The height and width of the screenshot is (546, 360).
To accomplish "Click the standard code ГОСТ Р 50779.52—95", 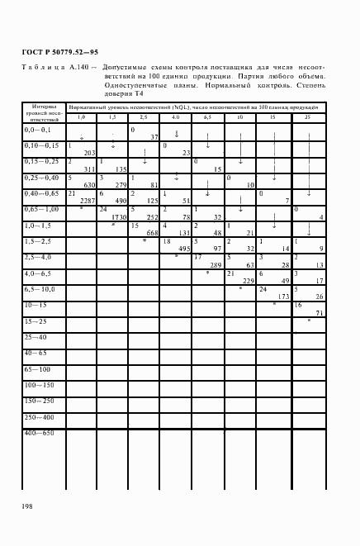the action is tap(49, 51).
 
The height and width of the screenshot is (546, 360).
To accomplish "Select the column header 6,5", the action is tap(207, 118).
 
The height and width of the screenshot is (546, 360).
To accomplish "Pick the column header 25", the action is tap(308, 118).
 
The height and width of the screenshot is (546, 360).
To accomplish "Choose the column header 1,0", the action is tap(81, 118).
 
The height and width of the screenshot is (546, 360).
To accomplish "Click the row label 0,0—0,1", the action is tap(38, 131).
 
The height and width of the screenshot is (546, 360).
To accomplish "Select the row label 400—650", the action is tap(39, 433).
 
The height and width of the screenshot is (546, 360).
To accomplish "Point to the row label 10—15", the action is tap(36, 305).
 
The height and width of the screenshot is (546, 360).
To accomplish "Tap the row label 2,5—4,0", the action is tap(39, 258).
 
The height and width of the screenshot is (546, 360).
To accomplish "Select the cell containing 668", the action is tap(151, 232).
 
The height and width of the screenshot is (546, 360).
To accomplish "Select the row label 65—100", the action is tap(36, 368).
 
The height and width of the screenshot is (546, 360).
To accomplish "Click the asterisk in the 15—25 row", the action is tap(309, 320).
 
